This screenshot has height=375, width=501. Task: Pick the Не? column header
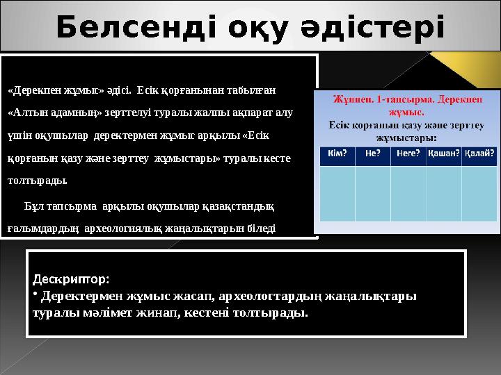tap(372, 154)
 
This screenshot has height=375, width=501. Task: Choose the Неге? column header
tap(408, 154)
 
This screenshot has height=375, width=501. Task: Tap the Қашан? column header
tap(444, 154)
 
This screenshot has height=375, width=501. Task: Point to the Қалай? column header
tap(480, 154)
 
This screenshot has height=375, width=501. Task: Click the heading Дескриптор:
tap(70, 280)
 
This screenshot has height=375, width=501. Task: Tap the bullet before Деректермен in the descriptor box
tap(35, 294)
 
